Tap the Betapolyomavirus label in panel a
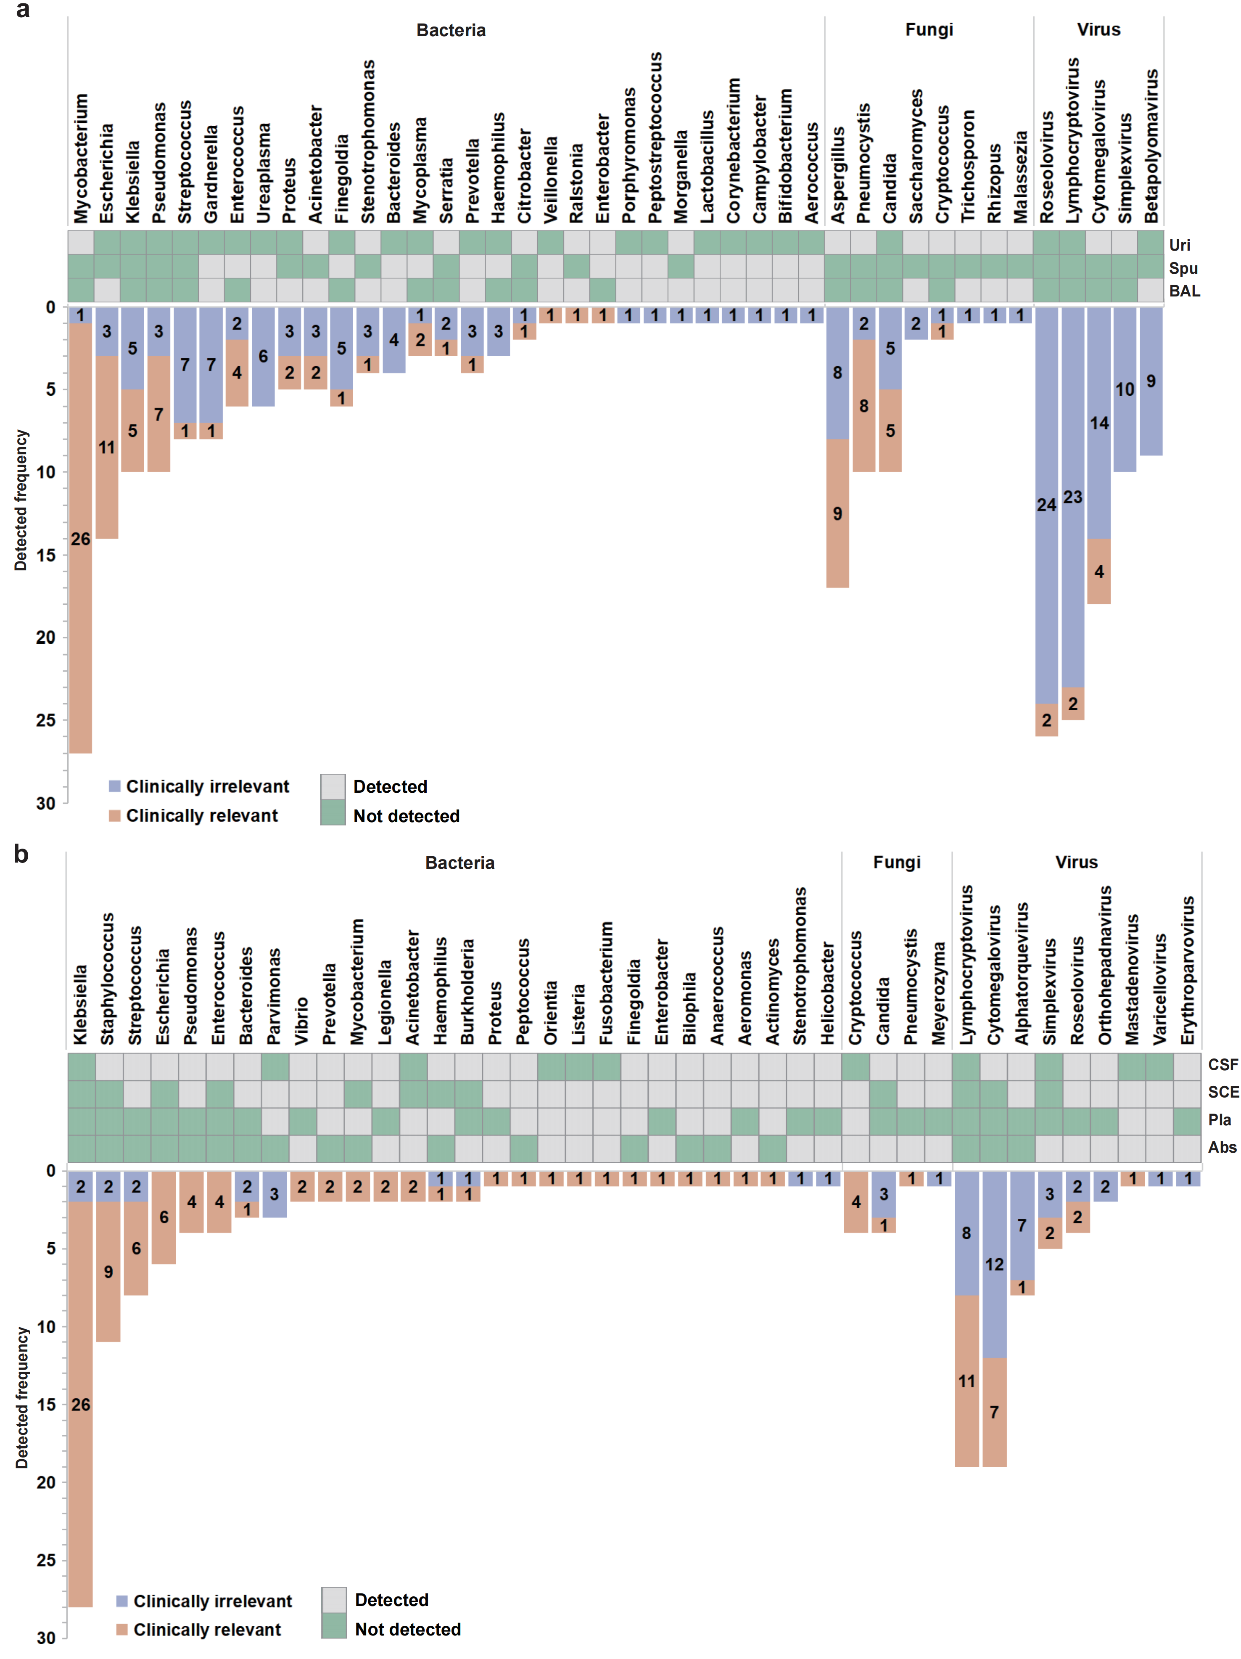click(x=1151, y=146)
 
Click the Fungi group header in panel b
click(x=896, y=863)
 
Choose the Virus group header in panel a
click(x=1098, y=30)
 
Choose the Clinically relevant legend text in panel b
click(x=207, y=1630)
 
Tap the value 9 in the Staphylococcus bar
click(x=109, y=1272)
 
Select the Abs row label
click(x=1222, y=1148)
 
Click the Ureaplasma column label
click(x=263, y=172)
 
